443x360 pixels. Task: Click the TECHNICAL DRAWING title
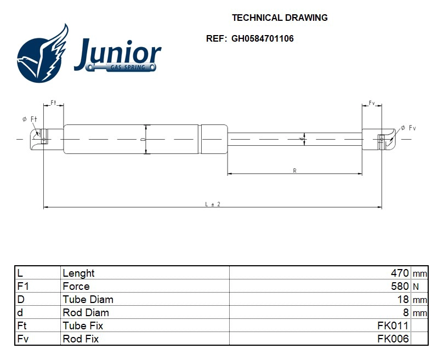(x=280, y=18)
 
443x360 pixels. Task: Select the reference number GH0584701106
(x=263, y=39)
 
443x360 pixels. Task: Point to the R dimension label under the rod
(x=294, y=171)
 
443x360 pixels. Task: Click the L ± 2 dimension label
(x=212, y=204)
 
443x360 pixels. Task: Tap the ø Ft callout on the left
(x=30, y=119)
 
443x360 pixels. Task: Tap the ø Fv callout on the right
(x=408, y=128)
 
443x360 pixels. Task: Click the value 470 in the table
(x=399, y=273)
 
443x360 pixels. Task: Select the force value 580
(x=399, y=286)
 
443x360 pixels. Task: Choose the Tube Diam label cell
(x=88, y=299)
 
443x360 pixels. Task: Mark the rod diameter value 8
(x=406, y=312)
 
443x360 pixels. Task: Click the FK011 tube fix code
(x=393, y=325)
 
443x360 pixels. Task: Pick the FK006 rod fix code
(x=393, y=339)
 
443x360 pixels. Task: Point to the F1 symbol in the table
(x=22, y=286)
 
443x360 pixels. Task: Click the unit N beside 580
(x=416, y=287)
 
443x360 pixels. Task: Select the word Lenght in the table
(x=78, y=273)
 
